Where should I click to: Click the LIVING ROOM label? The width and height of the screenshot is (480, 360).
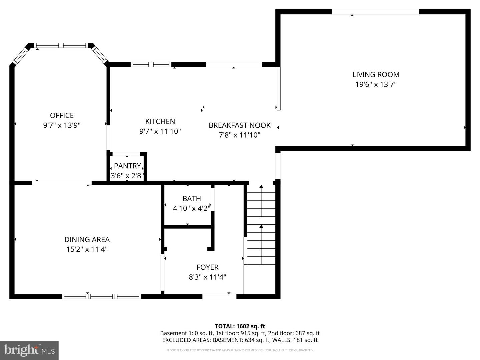pyautogui.click(x=376, y=75)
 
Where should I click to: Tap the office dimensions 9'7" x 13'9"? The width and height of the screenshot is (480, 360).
pyautogui.click(x=62, y=125)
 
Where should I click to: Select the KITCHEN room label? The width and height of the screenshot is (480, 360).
pyautogui.click(x=160, y=121)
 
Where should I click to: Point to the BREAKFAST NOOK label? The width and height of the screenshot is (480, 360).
pyautogui.click(x=239, y=125)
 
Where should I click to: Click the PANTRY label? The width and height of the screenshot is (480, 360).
pyautogui.click(x=127, y=166)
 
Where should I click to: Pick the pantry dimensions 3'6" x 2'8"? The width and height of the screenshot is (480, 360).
pyautogui.click(x=127, y=176)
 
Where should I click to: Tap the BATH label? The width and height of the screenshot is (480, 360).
pyautogui.click(x=191, y=199)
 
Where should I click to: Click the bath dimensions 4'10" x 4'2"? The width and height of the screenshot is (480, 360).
pyautogui.click(x=191, y=209)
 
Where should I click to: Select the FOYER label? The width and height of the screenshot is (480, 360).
pyautogui.click(x=207, y=267)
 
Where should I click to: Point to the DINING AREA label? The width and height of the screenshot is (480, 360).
pyautogui.click(x=87, y=239)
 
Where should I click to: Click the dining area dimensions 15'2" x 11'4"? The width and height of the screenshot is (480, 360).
pyautogui.click(x=87, y=249)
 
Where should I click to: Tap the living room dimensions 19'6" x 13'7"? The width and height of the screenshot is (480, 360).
pyautogui.click(x=376, y=84)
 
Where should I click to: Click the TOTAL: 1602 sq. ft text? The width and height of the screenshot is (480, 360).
pyautogui.click(x=240, y=326)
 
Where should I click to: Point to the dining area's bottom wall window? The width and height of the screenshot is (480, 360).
pyautogui.click(x=102, y=296)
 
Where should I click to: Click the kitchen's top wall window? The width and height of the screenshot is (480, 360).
pyautogui.click(x=151, y=64)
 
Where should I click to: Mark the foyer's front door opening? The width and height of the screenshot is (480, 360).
pyautogui.click(x=219, y=296)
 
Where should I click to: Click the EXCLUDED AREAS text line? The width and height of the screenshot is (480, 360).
pyautogui.click(x=240, y=340)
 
